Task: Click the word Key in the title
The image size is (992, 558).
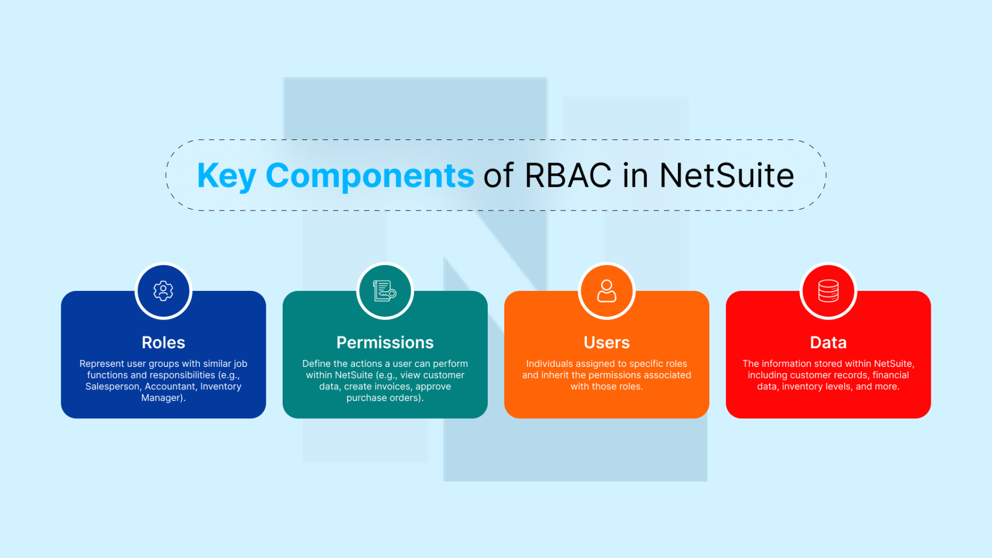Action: pos(226,176)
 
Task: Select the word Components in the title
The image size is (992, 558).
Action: pos(369,176)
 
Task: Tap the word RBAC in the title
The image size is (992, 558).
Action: pos(568,176)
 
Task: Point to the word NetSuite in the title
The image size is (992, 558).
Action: pos(726,176)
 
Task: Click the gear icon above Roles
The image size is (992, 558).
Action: pos(163,291)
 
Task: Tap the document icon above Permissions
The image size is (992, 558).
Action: pos(385,291)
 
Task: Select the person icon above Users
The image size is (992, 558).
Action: pos(606,291)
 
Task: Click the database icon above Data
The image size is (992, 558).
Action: pos(828,291)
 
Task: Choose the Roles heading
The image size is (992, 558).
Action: pos(163,343)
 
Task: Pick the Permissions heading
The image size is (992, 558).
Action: pos(385,343)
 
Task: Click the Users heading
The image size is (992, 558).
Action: pos(606,343)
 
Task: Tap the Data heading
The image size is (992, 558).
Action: pos(828,343)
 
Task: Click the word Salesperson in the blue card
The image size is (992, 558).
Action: pos(112,387)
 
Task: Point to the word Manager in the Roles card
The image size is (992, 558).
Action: pos(161,398)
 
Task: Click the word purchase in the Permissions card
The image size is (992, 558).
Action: pos(366,398)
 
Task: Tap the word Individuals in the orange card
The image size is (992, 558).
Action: pos(549,364)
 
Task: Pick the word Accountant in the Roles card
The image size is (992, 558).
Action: pos(170,387)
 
